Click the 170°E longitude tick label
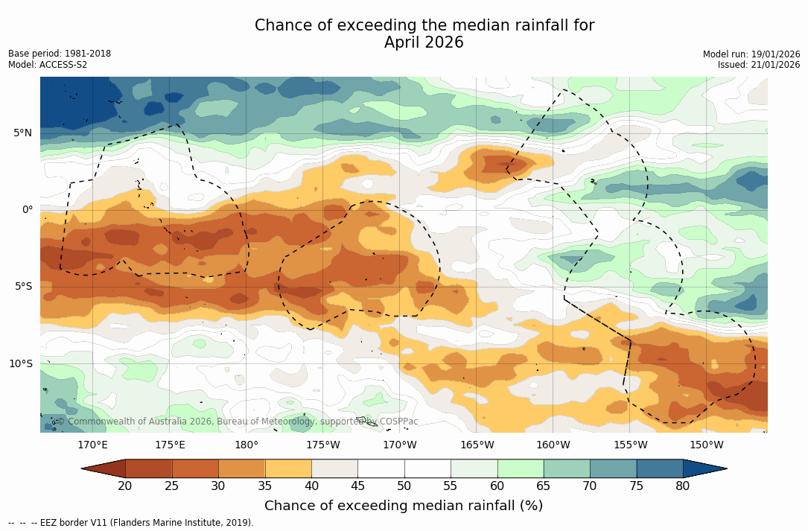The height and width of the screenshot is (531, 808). point(93,445)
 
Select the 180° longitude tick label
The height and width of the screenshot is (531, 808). point(246,445)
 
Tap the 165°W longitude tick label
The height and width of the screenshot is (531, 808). point(477,445)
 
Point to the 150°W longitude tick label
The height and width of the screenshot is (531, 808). point(707,445)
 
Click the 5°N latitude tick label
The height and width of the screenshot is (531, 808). point(22,133)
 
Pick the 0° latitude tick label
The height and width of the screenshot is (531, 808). point(28,210)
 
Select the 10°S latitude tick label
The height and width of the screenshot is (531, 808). point(20,364)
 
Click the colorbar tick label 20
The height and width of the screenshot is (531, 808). point(125,486)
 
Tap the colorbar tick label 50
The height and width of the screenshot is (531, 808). point(404,486)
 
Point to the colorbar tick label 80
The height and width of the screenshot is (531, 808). point(682,486)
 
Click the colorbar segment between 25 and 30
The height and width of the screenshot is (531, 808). point(195,468)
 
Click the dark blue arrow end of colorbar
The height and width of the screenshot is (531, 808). point(704,468)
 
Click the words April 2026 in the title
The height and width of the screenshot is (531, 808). point(424,43)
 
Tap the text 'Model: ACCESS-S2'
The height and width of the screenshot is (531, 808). point(48,65)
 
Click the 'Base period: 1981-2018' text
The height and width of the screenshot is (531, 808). point(60,54)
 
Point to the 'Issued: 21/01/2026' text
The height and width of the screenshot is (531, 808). point(759,65)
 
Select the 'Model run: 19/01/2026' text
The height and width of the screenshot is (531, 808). point(751,54)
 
